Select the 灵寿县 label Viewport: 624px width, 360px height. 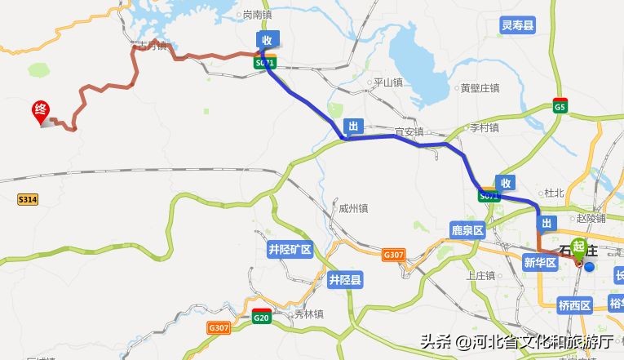click(x=518, y=26)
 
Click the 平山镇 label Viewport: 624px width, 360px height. click(x=387, y=82)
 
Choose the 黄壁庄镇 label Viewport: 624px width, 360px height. click(x=480, y=88)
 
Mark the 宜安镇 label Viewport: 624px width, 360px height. click(x=409, y=131)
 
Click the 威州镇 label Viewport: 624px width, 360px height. click(x=353, y=208)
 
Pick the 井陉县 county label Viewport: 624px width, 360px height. click(x=345, y=280)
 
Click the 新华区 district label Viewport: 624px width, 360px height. click(x=540, y=262)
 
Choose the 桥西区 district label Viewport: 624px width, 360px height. click(x=575, y=305)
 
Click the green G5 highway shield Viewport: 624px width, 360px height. click(x=560, y=107)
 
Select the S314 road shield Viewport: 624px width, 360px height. click(x=28, y=199)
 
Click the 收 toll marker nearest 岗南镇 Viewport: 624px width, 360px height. click(x=267, y=39)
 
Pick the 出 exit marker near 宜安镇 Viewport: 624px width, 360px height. click(x=352, y=126)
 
